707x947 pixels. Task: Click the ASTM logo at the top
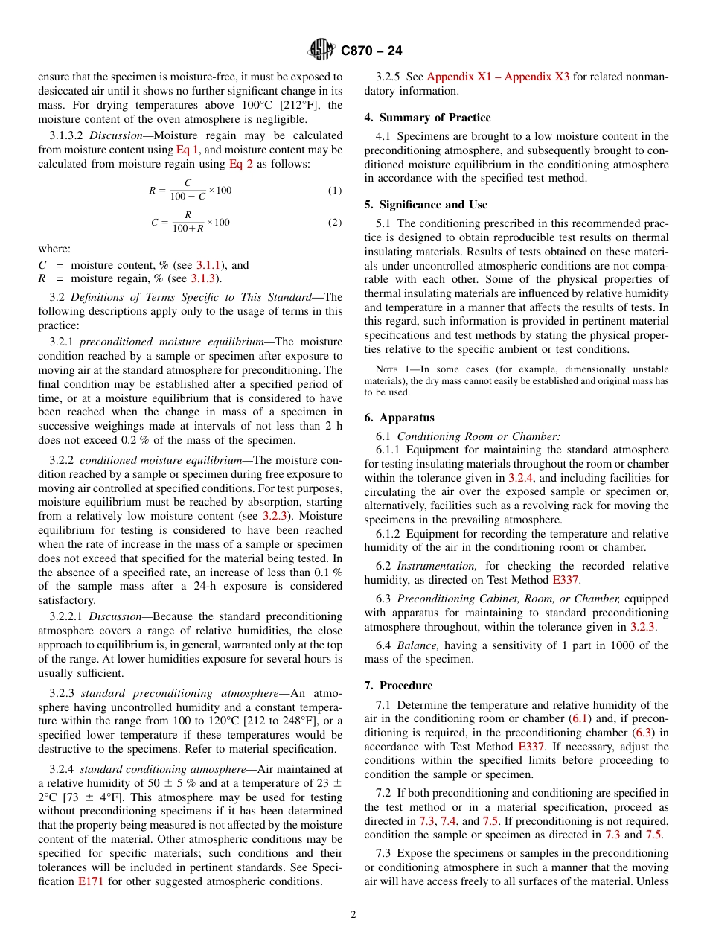(321, 50)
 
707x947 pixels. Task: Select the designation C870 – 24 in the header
(371, 51)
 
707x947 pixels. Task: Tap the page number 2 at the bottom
(353, 915)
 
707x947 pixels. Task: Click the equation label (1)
(335, 191)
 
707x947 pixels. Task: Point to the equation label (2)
(335, 223)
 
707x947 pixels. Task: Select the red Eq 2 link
(240, 164)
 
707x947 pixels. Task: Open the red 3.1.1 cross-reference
(208, 264)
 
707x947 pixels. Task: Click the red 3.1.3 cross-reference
(204, 278)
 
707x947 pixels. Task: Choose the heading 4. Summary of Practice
(427, 118)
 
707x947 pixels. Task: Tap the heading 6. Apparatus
(399, 418)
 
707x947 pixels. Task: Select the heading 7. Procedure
(398, 685)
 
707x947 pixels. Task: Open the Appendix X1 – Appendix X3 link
(498, 77)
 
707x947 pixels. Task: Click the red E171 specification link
(91, 881)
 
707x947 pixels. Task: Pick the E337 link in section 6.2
(565, 579)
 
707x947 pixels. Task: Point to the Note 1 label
(389, 369)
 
